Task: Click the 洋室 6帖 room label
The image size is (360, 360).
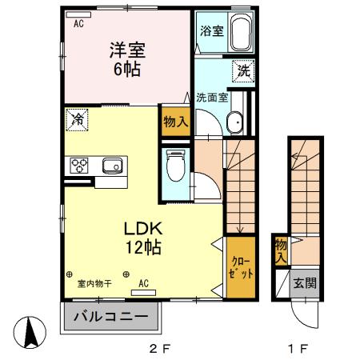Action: tap(126, 60)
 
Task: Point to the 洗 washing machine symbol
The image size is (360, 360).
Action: tap(243, 70)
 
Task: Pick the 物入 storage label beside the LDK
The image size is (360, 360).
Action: tap(175, 122)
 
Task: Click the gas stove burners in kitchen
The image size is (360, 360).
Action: tap(81, 166)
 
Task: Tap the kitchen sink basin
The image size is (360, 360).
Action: tap(111, 166)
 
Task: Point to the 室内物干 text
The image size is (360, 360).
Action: tap(94, 284)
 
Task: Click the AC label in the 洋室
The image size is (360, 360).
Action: tap(79, 24)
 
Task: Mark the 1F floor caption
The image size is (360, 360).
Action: tap(298, 349)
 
